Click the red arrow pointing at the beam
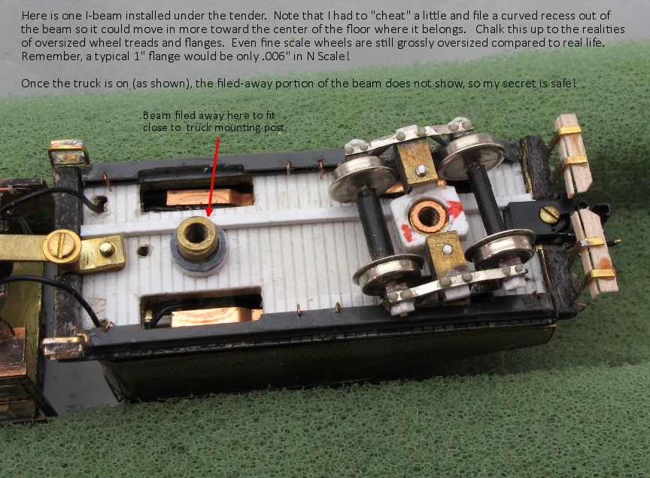[x=214, y=177]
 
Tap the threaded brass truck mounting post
[x=197, y=239]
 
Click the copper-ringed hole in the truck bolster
[x=428, y=217]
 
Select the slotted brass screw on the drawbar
[x=62, y=247]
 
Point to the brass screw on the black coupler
[x=549, y=215]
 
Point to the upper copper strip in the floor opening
[x=209, y=197]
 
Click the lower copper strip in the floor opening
[x=217, y=317]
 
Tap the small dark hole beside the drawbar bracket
[x=143, y=251]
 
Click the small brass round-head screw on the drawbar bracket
[x=107, y=248]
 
